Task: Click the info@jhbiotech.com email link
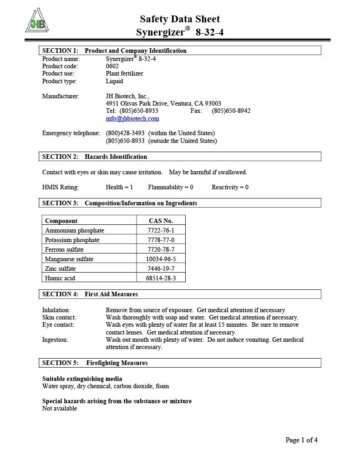(x=132, y=119)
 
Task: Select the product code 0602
(x=112, y=66)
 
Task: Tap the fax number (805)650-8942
(x=231, y=111)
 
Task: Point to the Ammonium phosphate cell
(x=75, y=231)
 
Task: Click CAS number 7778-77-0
(x=161, y=240)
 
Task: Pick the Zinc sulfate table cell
(x=61, y=268)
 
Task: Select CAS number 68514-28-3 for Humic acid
(x=161, y=278)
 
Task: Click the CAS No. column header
(x=161, y=221)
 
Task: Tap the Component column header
(x=61, y=221)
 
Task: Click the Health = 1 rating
(x=119, y=187)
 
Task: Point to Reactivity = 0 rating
(x=230, y=187)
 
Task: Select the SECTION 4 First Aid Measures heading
(x=90, y=294)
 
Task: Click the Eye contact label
(x=58, y=325)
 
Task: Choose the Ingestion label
(x=55, y=340)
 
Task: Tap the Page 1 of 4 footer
(x=301, y=440)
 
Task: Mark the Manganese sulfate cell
(x=69, y=259)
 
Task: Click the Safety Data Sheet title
(x=180, y=19)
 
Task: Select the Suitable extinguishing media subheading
(x=82, y=379)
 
